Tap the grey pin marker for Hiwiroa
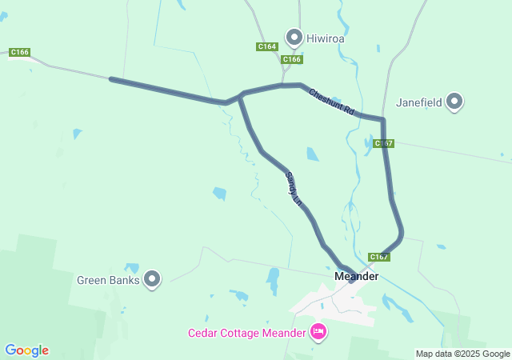[294, 37]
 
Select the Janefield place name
[419, 102]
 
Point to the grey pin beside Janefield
[454, 102]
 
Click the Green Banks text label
[108, 280]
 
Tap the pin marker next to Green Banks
[152, 279]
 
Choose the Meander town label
[356, 276]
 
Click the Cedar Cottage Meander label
[247, 333]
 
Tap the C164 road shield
[267, 47]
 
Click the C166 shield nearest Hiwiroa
[292, 59]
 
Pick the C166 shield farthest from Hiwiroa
[20, 53]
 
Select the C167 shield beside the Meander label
[379, 257]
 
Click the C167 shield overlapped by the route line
[383, 144]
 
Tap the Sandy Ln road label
[294, 190]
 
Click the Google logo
[26, 350]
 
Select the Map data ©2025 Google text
[462, 354]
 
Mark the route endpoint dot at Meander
[351, 279]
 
